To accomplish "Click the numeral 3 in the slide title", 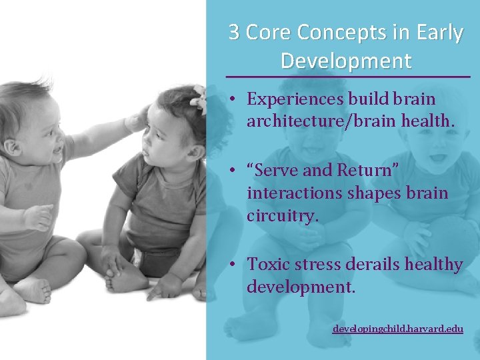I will [x=235, y=33].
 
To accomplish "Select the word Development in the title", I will [x=346, y=61].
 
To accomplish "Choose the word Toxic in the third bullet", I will [x=267, y=265].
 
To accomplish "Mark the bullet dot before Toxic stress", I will [x=229, y=265].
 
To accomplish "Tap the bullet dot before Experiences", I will [x=229, y=99].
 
